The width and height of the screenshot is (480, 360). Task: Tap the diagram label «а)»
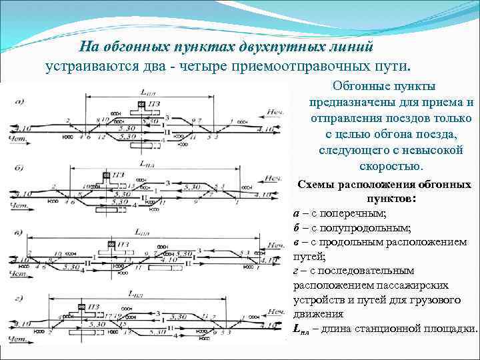[20, 101]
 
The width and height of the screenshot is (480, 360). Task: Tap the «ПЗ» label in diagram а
[154, 105]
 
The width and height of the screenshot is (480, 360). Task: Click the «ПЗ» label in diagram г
[95, 307]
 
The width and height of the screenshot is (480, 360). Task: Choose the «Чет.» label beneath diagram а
[17, 138]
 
